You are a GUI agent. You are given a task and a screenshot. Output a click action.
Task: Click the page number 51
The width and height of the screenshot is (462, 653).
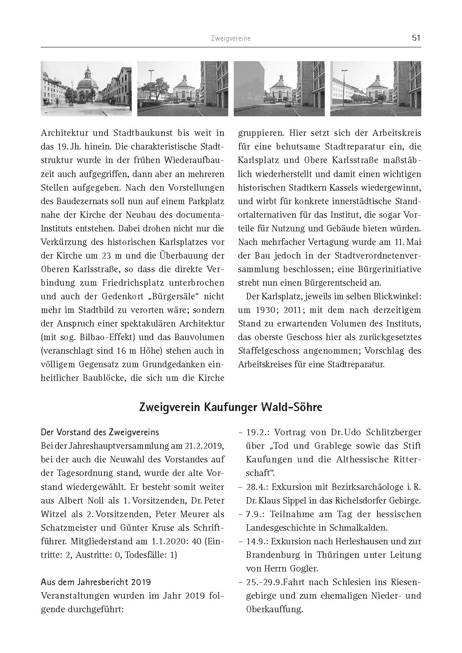click(x=416, y=38)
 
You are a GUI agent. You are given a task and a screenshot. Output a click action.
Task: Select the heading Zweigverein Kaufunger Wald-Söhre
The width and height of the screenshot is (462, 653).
click(x=230, y=408)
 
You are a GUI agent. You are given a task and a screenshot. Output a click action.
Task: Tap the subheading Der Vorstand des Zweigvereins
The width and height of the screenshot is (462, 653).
click(x=100, y=432)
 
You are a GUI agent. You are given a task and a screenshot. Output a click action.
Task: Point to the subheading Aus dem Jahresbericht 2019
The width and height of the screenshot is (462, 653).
click(x=96, y=582)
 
